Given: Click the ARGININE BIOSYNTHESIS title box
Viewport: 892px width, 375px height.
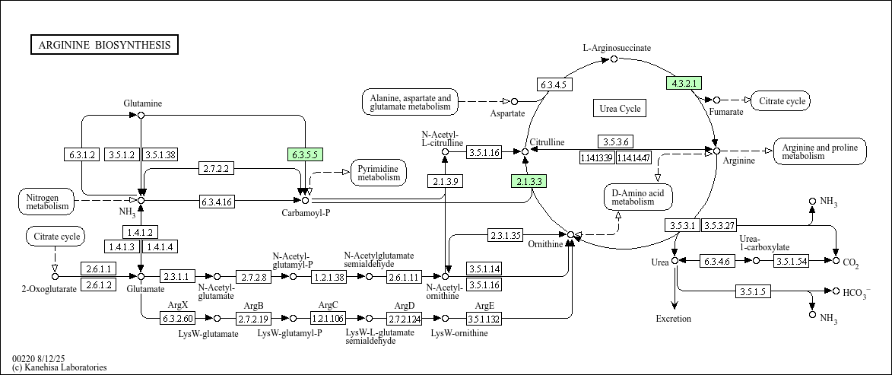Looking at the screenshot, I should click(x=105, y=45).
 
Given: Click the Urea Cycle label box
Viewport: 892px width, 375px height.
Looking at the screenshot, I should click(x=620, y=109).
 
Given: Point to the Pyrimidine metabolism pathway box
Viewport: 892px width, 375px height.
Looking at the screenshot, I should click(x=379, y=173).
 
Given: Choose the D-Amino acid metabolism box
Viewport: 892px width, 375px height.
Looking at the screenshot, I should click(x=638, y=196).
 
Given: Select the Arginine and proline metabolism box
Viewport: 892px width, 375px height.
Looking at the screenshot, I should click(x=819, y=151).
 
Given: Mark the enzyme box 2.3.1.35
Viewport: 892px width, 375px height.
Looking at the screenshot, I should click(x=505, y=235).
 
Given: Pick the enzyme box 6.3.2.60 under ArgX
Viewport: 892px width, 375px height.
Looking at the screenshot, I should click(x=177, y=318).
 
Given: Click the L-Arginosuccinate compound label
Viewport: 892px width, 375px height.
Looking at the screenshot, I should click(x=617, y=48).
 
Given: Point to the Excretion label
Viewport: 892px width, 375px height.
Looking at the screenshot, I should click(x=674, y=319).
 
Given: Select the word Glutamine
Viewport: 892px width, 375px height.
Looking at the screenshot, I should click(x=143, y=103).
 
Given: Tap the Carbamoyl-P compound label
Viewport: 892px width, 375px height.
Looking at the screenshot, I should click(x=306, y=213).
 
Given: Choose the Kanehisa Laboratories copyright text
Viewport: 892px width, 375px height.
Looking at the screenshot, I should click(x=59, y=367).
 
